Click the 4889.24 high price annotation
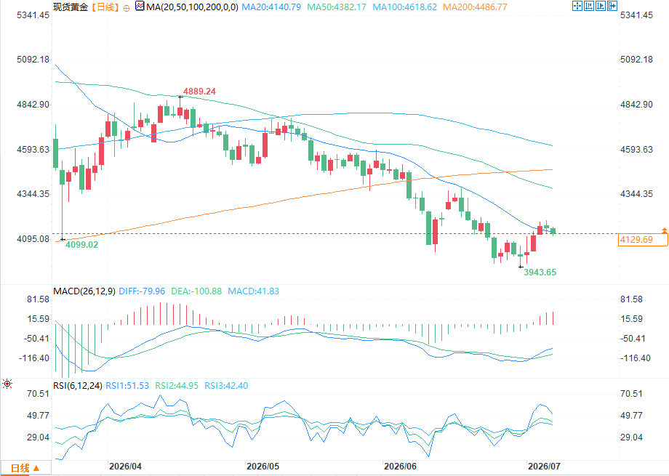click(x=199, y=92)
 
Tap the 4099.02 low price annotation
click(x=81, y=245)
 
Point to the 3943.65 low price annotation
click(x=540, y=272)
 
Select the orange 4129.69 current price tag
click(x=643, y=240)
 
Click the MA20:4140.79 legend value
click(x=271, y=7)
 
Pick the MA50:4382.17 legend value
click(x=337, y=7)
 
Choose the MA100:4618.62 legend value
click(x=404, y=7)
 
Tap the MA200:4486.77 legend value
click(x=475, y=7)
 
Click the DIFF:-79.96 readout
click(x=142, y=291)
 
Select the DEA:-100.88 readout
click(x=196, y=291)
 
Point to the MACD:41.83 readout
click(x=254, y=291)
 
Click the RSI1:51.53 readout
click(x=127, y=386)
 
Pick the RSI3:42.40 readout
click(x=226, y=386)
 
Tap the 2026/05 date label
click(x=263, y=467)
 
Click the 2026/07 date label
click(x=544, y=467)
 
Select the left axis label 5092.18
click(x=33, y=60)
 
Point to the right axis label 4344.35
click(x=636, y=194)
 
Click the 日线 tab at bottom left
click(x=25, y=468)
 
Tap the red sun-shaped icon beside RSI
click(x=7, y=384)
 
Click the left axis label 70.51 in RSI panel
click(x=39, y=394)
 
